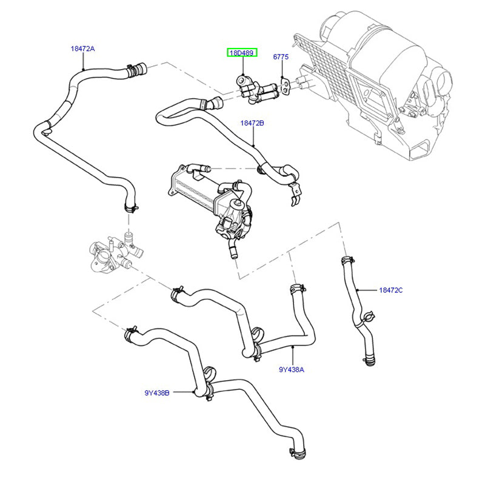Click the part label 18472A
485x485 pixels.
(82, 48)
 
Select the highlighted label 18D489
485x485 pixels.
(242, 53)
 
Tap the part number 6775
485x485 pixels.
(280, 57)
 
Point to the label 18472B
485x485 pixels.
(252, 123)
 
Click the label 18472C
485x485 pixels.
(390, 290)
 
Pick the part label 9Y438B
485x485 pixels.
(156, 392)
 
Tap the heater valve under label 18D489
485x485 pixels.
(255, 91)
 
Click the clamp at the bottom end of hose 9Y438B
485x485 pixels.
(295, 451)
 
